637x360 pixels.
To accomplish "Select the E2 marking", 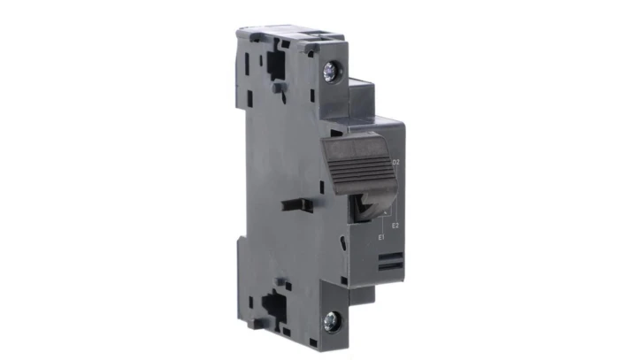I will coord(396,227).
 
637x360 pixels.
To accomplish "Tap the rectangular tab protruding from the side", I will coord(297,204).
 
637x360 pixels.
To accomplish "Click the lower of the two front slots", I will coord(389,265).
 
